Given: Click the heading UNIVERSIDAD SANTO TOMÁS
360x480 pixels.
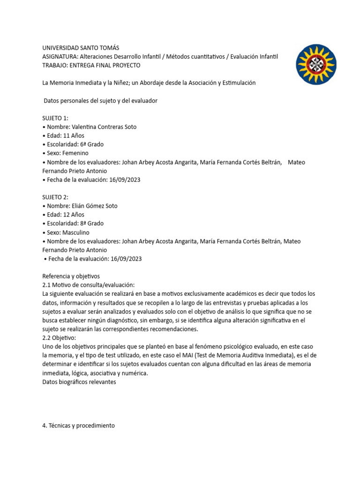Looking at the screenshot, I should (x=81, y=48).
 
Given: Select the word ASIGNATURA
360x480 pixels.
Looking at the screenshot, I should (x=60, y=57).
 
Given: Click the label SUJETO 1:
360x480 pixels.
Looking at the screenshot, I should (x=55, y=118).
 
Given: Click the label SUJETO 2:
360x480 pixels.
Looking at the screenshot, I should (x=55, y=197).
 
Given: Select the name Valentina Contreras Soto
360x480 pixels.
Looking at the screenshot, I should (x=104, y=127).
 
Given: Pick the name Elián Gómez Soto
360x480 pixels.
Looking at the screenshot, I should (x=95, y=206).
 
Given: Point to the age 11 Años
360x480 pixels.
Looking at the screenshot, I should (x=73, y=135).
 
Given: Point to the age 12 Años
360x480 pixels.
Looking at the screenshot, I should (x=73, y=215).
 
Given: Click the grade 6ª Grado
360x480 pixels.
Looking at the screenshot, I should (x=92, y=144).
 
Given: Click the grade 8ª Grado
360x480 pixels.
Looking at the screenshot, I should (x=92, y=224).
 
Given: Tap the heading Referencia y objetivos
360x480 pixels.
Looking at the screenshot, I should (x=71, y=276).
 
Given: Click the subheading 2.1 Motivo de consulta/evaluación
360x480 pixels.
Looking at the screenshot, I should (x=88, y=285).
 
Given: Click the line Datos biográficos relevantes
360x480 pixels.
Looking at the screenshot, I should (x=79, y=382).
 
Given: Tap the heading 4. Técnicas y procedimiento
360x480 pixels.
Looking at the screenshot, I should (x=78, y=426).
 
